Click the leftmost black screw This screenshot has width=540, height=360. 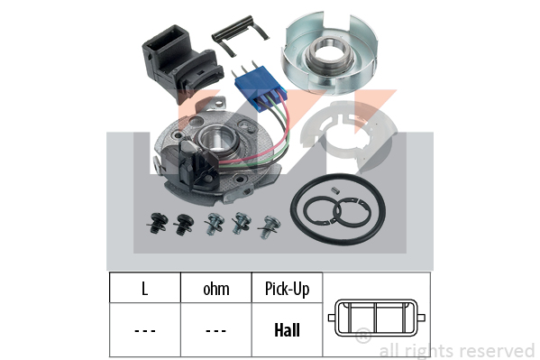pos(157,223)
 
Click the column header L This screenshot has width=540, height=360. pos(144,289)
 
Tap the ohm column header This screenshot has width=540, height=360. pos(216,290)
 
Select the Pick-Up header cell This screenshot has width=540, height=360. pos(287,288)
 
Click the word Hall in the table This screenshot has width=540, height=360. pos(287,329)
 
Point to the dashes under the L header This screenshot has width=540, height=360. pos(144,331)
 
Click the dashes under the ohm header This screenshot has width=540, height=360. pos(215,331)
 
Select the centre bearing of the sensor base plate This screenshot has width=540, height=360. pos(216,139)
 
